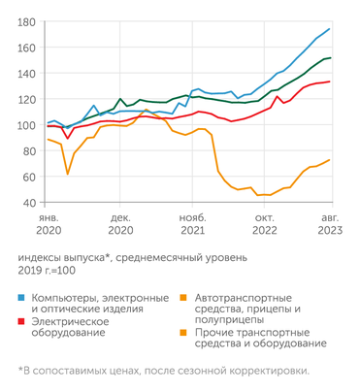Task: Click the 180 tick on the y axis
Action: pyautogui.click(x=26, y=22)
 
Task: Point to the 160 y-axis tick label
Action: pyautogui.click(x=26, y=49)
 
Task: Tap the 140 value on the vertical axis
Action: pyautogui.click(x=26, y=74)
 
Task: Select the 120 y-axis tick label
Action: pyautogui.click(x=26, y=100)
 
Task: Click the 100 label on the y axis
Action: pyautogui.click(x=26, y=125)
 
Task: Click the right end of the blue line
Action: pyautogui.click(x=330, y=29)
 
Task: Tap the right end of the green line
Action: pyautogui.click(x=330, y=58)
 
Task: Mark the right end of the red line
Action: pyautogui.click(x=330, y=82)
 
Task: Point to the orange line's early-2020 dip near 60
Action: pyautogui.click(x=67, y=174)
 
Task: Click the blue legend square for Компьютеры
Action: pyautogui.click(x=21, y=296)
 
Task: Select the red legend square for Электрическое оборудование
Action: pyautogui.click(x=21, y=320)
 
